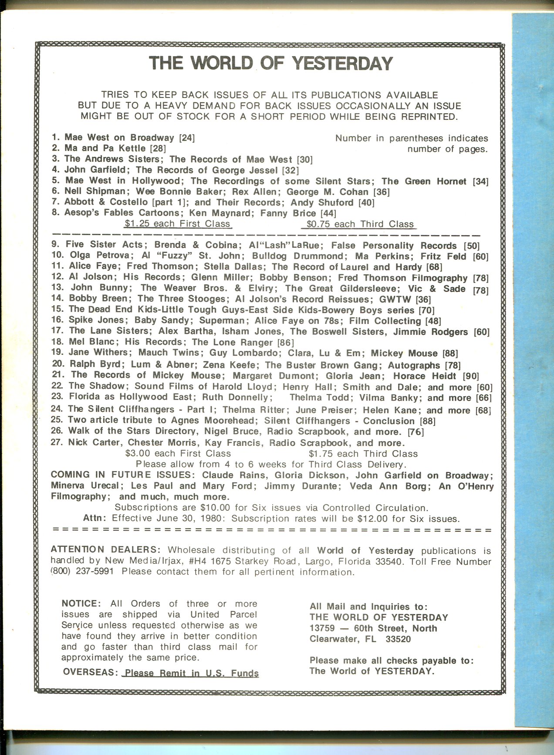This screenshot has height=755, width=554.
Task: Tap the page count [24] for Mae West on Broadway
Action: point(187,138)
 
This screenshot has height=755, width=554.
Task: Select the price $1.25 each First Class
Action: point(177,224)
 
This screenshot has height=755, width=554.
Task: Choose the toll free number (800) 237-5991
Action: point(82,572)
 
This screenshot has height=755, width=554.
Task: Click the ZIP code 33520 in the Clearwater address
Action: point(398,639)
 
